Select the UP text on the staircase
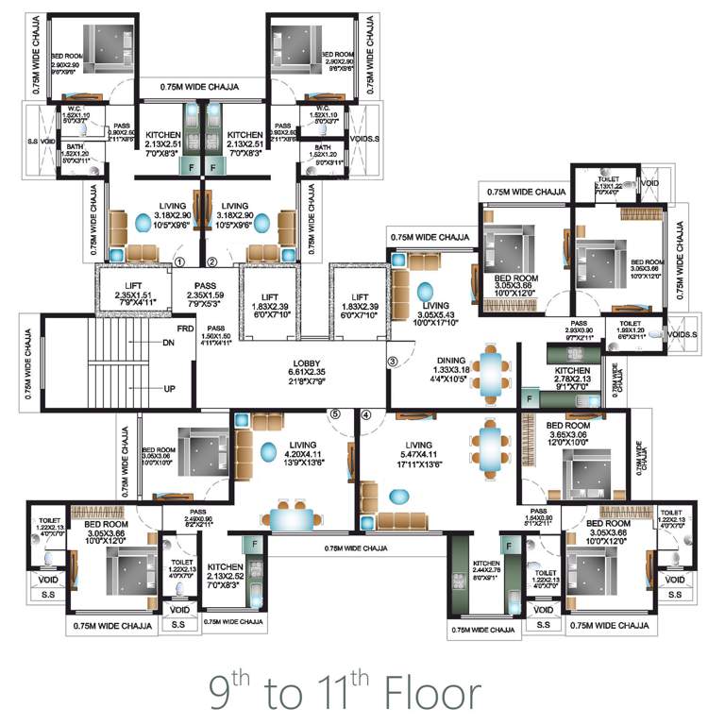coord(169,389)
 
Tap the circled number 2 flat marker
coord(212,261)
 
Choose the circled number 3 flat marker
coord(393,361)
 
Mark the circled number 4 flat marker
coord(366,413)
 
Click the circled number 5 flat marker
coord(333,413)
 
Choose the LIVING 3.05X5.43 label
coord(435,311)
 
